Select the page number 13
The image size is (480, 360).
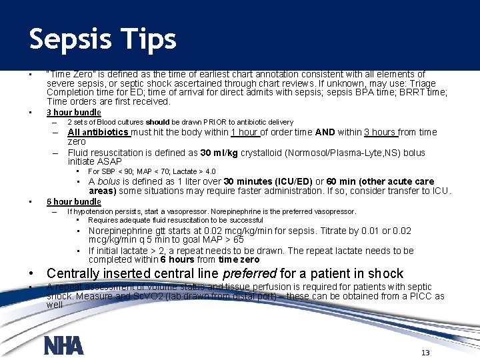tap(425, 353)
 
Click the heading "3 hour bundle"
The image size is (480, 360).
tap(73, 113)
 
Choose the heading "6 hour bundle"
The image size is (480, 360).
tap(73, 202)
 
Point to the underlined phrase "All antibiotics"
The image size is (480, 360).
tap(98, 132)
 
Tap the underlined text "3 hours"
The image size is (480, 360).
tap(380, 132)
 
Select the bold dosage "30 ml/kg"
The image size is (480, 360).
tap(221, 153)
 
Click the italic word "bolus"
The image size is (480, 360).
tap(109, 181)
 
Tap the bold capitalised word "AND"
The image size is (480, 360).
tap(325, 132)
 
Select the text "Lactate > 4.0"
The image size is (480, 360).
tap(193, 171)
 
